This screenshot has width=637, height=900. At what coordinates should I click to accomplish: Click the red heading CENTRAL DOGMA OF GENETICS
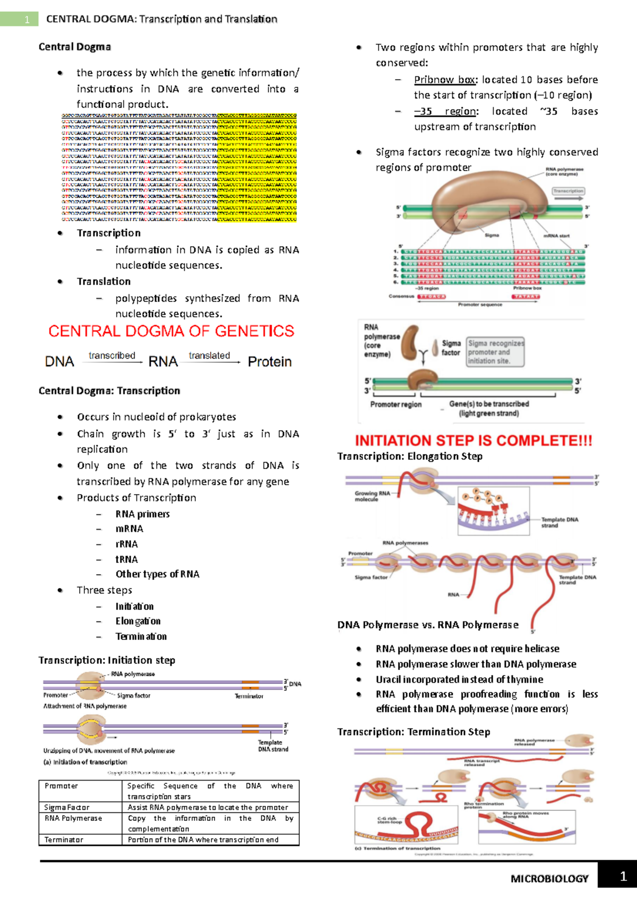pos(171,331)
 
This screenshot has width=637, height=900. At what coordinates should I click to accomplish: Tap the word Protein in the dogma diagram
pos(270,362)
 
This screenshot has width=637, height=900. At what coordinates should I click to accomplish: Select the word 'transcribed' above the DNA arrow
pos(112,356)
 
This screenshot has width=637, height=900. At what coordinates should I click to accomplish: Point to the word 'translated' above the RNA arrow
pos(209,356)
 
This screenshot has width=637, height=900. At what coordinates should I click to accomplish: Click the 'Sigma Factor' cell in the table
pos(67,807)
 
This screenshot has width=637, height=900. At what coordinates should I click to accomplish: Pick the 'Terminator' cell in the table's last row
pos(64,840)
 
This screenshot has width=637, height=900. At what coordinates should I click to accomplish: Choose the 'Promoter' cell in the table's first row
pos(61,786)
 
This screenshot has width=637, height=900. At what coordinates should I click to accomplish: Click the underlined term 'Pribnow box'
pos(445,80)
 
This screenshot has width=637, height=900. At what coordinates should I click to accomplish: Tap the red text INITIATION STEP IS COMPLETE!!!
pos(474,440)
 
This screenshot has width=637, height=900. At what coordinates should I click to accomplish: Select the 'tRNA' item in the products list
pos(126,559)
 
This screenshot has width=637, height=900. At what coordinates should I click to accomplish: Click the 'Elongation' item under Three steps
pos(138,621)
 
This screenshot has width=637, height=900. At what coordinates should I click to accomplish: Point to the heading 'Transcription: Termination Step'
pos(414,732)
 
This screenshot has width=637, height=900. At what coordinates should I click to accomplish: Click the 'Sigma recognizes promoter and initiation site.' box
pos(495,352)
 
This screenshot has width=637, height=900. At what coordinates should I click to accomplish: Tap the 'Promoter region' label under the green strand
pos(396,404)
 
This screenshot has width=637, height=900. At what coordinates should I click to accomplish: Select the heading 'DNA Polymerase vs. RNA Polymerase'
pos(428,625)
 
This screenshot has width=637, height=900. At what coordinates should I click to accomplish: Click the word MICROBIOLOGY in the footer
pos(549,879)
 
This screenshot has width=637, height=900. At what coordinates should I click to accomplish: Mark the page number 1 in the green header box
pos(27,20)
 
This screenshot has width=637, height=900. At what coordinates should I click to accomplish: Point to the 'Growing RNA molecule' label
pos(372,496)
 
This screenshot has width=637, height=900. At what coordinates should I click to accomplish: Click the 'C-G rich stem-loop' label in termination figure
pos(390,820)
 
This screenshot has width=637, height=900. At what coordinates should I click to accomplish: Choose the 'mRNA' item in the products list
pos(129,529)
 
